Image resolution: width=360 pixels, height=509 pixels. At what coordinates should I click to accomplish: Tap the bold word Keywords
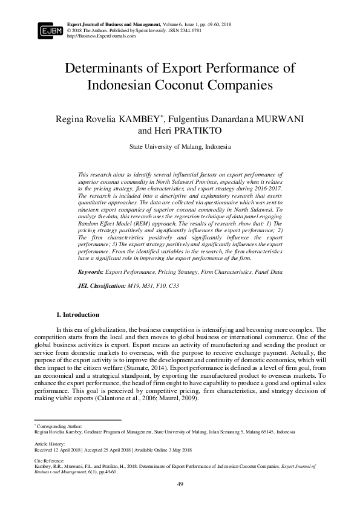[91, 273]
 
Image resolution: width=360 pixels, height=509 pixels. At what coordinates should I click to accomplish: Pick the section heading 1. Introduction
[77, 314]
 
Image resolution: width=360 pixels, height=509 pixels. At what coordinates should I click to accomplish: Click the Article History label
[48, 443]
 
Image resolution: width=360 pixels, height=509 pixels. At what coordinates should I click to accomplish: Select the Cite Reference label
[48, 460]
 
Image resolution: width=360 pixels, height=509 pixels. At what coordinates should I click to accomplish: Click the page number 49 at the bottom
[180, 484]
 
